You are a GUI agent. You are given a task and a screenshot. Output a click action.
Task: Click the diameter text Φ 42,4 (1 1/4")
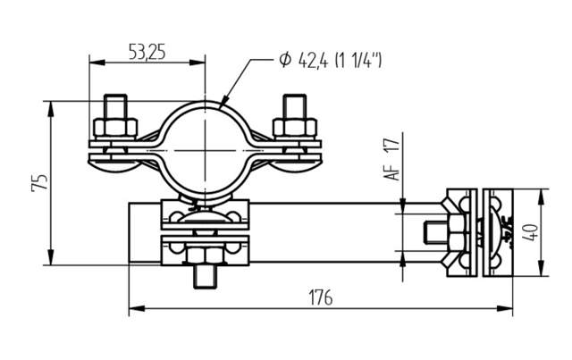pyautogui.click(x=330, y=61)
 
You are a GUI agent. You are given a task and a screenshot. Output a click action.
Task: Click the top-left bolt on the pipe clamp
pyautogui.click(x=116, y=115)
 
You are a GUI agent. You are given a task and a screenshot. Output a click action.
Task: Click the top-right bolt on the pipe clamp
pyautogui.click(x=294, y=115)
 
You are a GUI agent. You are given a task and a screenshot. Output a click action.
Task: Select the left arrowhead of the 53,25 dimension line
pyautogui.click(x=93, y=63)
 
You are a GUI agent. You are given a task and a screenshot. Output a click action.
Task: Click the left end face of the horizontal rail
pyautogui.click(x=130, y=233)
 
